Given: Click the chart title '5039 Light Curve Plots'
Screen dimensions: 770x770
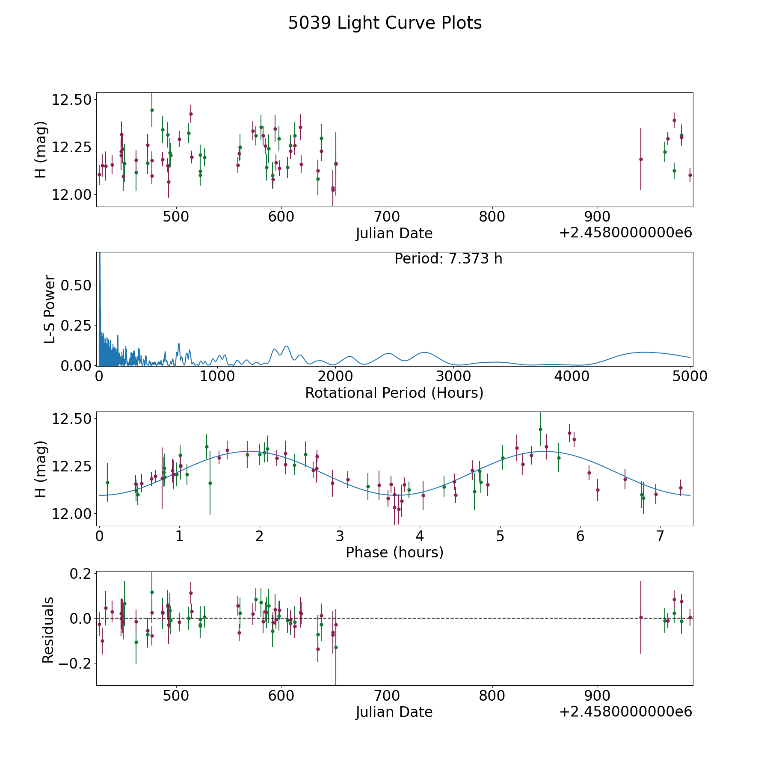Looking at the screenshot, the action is [385, 23].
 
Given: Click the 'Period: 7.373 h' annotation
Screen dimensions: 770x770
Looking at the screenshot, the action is [448, 259].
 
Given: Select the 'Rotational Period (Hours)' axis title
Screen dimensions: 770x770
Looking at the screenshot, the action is [394, 393].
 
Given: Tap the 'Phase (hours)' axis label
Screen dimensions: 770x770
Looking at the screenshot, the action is [394, 552].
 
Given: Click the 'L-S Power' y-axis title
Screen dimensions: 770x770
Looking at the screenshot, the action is [50, 309].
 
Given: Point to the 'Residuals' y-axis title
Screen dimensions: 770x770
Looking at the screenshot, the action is [48, 630].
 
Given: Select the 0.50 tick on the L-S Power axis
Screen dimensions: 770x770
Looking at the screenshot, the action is [76, 285].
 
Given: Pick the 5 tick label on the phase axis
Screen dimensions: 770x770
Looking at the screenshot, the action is [500, 536].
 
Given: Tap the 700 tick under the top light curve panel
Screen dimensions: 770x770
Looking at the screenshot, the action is [387, 216].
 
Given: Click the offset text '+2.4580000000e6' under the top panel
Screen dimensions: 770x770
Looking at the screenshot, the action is [625, 233].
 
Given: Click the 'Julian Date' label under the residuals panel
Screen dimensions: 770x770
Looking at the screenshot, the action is [394, 712].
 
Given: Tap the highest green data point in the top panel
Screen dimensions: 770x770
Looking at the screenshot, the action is [152, 110].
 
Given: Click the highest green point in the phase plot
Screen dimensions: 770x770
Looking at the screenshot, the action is [540, 429].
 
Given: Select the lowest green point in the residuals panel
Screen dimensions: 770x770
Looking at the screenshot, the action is [336, 647].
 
